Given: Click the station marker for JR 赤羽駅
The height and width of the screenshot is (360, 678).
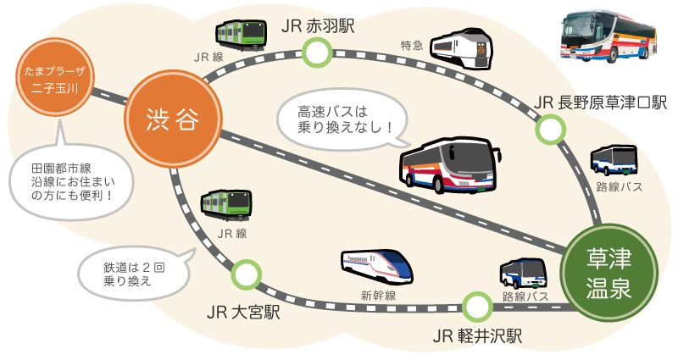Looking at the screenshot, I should pyautogui.click(x=317, y=53).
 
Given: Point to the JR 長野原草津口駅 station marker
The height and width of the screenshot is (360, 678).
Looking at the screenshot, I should pyautogui.click(x=551, y=130).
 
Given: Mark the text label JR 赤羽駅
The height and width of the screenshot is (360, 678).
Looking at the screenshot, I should pyautogui.click(x=317, y=25).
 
